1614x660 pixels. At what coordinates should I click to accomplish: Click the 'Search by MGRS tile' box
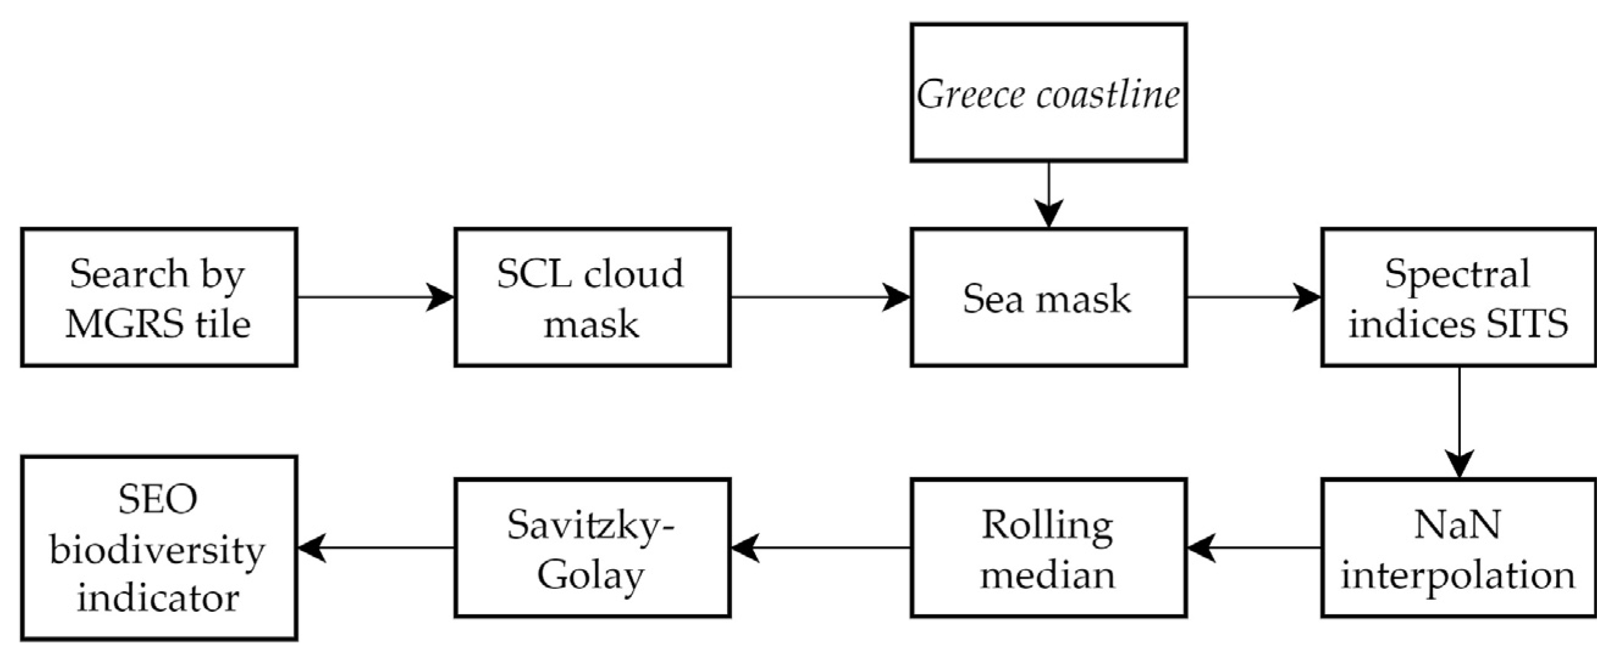159,297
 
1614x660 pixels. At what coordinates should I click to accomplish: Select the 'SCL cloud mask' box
592,297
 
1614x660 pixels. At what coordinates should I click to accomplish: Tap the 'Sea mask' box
1048,297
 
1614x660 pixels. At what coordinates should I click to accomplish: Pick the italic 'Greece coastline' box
1048,93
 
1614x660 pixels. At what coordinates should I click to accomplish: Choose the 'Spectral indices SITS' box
1458,297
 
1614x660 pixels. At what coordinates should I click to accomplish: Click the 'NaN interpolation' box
1458,548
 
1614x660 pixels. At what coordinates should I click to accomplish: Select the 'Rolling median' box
1048,548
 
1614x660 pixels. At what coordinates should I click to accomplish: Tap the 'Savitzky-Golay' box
592,548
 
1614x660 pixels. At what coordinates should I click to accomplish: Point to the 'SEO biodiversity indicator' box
159,548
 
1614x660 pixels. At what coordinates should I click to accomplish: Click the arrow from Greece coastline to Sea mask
1048,194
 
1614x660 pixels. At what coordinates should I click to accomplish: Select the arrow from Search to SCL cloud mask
376,297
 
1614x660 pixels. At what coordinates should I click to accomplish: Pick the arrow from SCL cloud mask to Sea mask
821,297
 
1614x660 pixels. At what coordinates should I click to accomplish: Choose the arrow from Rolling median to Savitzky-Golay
821,548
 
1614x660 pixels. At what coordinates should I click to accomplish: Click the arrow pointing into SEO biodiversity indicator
376,548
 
